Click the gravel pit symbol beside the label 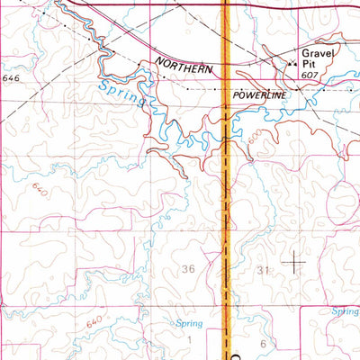[291, 64]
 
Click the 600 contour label [259, 136]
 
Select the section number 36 [188, 268]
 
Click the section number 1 [190, 339]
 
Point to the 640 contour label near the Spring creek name [38, 190]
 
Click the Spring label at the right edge [345, 311]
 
